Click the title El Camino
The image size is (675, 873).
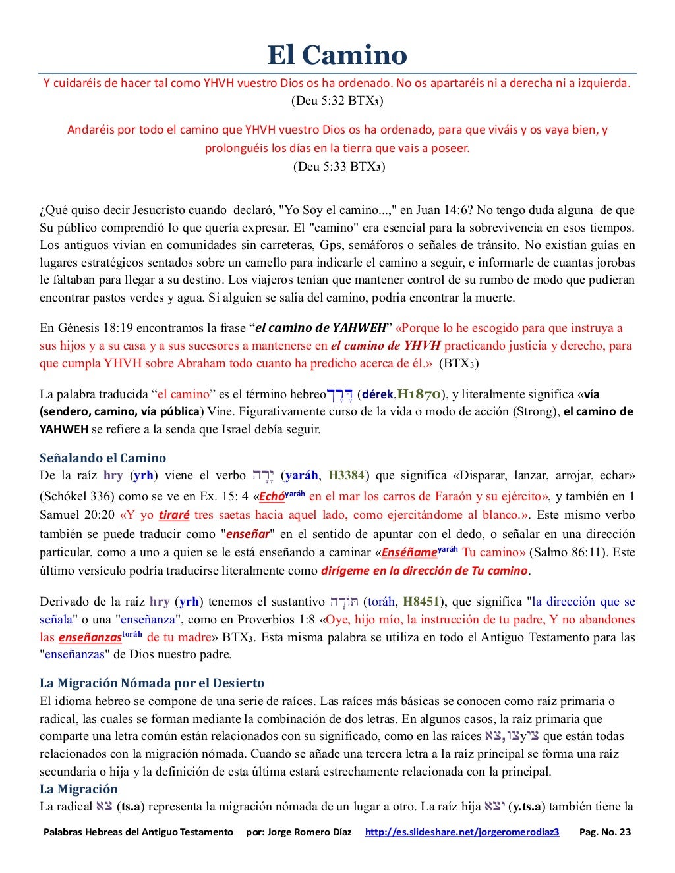[x=337, y=55]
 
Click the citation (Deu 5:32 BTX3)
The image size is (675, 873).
[x=337, y=101]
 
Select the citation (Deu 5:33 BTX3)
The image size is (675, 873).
[x=339, y=166]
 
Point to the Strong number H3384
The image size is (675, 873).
[x=346, y=475]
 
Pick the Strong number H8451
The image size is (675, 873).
[x=421, y=601]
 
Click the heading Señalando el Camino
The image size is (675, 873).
[x=103, y=458]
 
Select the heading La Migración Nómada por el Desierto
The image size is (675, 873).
[x=152, y=683]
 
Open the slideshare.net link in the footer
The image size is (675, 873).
[x=462, y=832]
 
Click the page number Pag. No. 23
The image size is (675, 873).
[x=604, y=832]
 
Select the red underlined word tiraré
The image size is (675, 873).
[x=174, y=515]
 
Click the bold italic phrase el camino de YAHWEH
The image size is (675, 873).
[x=320, y=328]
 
